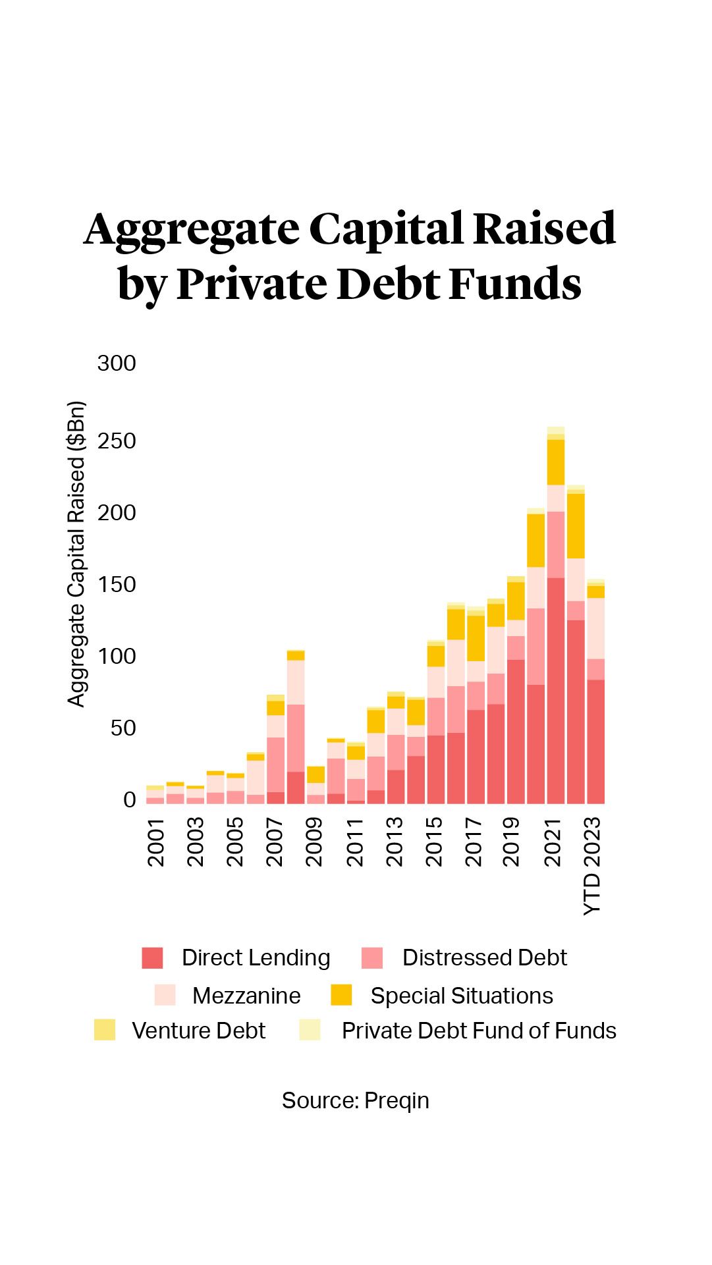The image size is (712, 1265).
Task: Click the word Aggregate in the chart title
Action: pyautogui.click(x=192, y=230)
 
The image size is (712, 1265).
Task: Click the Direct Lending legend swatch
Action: pyautogui.click(x=152, y=957)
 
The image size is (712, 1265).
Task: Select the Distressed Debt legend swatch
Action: pyautogui.click(x=372, y=957)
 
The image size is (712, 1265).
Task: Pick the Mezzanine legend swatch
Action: pyautogui.click(x=165, y=995)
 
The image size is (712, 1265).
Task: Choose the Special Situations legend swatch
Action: pyautogui.click(x=341, y=995)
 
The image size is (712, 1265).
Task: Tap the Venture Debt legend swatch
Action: pyautogui.click(x=105, y=1030)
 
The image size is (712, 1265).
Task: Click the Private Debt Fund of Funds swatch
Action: pyautogui.click(x=310, y=1030)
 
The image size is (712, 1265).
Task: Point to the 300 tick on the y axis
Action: pyautogui.click(x=117, y=363)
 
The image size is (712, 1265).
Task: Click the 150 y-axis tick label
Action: pyautogui.click(x=117, y=585)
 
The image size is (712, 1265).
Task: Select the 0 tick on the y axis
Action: pyautogui.click(x=129, y=800)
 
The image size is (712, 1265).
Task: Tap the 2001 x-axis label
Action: pyautogui.click(x=155, y=842)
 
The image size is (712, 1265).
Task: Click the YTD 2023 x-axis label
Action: pyautogui.click(x=593, y=866)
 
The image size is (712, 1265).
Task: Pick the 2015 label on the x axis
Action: pyautogui.click(x=433, y=842)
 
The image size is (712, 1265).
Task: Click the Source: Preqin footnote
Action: pyautogui.click(x=355, y=1100)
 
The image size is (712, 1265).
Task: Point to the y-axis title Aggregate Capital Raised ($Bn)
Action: pyautogui.click(x=77, y=554)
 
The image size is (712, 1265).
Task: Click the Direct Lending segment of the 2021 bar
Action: pyautogui.click(x=556, y=691)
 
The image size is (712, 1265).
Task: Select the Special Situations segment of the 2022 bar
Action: pyautogui.click(x=576, y=526)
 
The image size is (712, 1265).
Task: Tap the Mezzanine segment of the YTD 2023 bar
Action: pyautogui.click(x=595, y=628)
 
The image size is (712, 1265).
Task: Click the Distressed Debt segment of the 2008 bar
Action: pyautogui.click(x=296, y=738)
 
